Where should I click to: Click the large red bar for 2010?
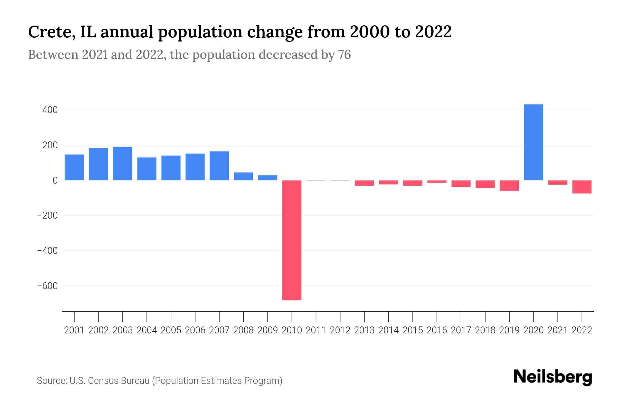coord(292,240)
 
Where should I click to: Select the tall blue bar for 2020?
coord(533,142)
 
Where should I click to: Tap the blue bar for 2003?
coord(123,163)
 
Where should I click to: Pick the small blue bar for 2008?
coord(243,176)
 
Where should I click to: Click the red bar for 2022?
coord(582,187)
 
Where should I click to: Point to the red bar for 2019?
coord(509,185)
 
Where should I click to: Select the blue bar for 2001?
coord(74,167)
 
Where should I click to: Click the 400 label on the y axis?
coord(50,110)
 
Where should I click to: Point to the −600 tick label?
coord(47,286)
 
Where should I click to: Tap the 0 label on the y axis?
coord(55,180)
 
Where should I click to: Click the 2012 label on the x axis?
coord(340,330)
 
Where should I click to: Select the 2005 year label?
coord(171,330)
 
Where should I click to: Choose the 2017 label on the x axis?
coord(461,330)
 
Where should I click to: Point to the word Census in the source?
coord(102,381)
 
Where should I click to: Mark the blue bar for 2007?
coord(219,166)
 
